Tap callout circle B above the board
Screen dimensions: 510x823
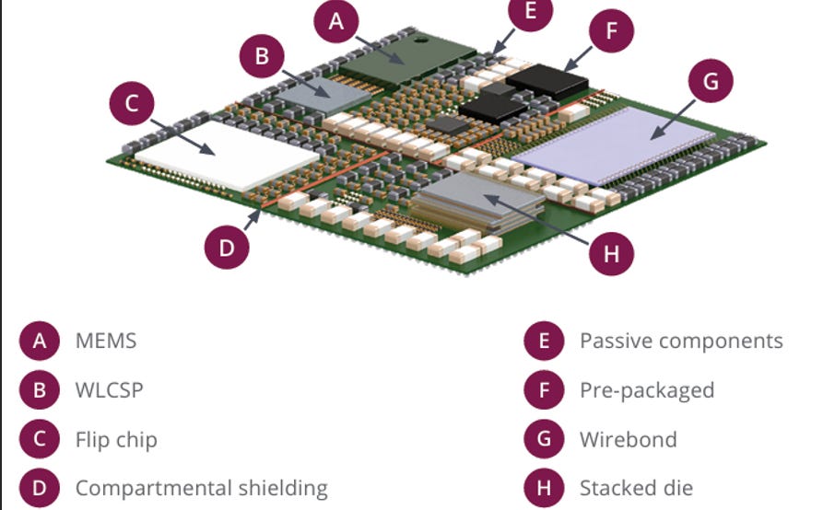262,56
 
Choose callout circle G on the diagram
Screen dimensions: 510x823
710,82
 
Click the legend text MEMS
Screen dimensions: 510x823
106,341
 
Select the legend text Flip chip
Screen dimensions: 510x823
116,438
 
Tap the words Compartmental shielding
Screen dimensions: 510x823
201,487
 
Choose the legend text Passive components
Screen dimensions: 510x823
681,341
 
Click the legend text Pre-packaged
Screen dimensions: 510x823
646,389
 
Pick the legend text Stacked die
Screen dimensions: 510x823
636,487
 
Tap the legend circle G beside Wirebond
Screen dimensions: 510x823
544,438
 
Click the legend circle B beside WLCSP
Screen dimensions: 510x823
40,389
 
